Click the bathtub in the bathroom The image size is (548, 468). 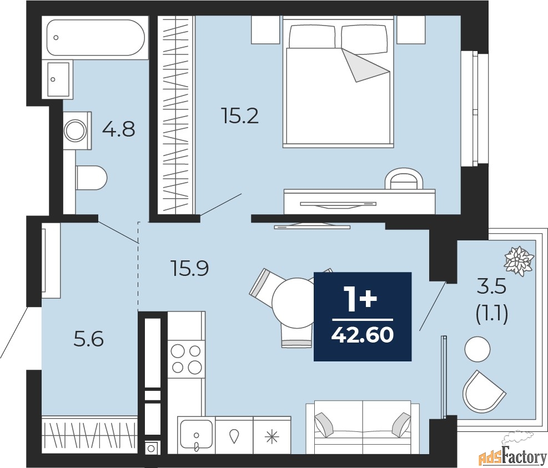95,38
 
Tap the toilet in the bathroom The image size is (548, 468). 91,178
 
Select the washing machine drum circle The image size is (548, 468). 75,131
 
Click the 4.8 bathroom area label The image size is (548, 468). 118,131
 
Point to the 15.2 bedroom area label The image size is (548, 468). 240,117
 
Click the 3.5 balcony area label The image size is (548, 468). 492,289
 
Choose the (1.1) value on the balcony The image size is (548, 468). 492,315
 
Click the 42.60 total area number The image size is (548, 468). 362,335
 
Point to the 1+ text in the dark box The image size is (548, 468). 362,300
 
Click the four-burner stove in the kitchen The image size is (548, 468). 186,359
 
